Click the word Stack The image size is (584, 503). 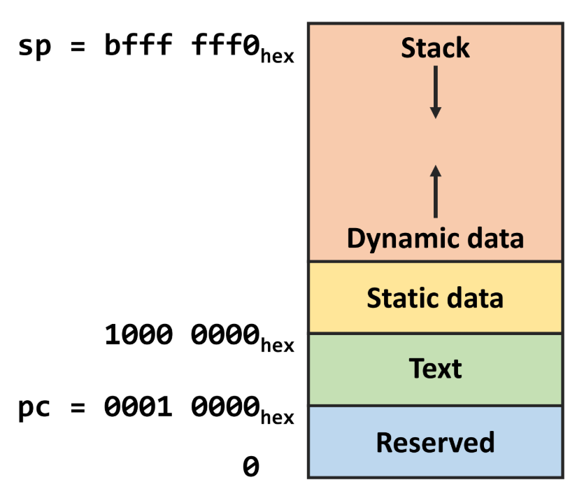pos(435,48)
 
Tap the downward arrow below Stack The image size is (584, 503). pos(435,92)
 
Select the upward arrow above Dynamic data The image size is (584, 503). pos(435,192)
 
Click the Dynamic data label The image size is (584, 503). pos(435,239)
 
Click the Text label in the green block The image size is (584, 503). pos(435,368)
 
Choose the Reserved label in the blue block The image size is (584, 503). pos(435,442)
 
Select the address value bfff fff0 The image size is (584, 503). pos(178,48)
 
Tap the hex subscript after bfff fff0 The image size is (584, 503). pos(277,57)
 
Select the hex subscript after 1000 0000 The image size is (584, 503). pos(277,345)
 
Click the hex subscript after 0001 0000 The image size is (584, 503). pos(277,417)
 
